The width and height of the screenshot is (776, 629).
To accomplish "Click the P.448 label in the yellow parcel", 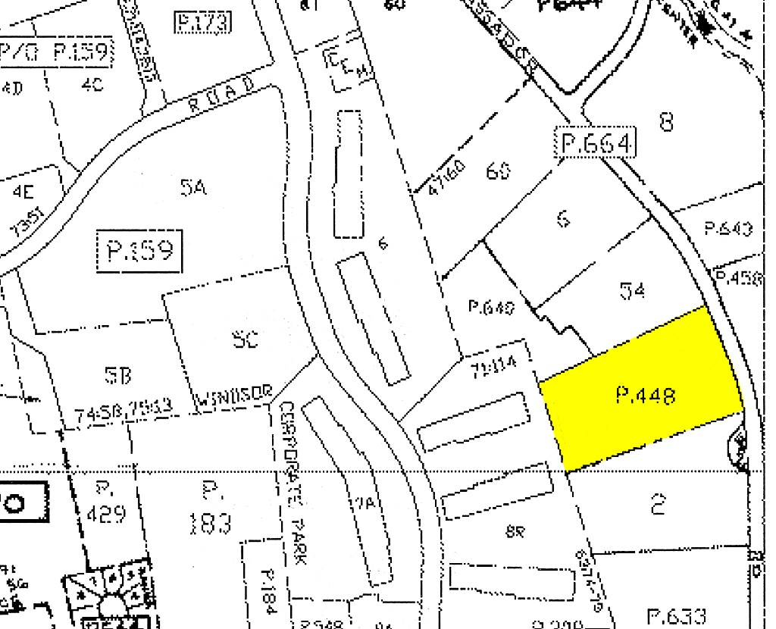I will tap(646, 395).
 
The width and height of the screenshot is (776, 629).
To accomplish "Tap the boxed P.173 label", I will tap(202, 23).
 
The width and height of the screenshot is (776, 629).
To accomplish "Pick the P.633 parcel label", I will tap(677, 615).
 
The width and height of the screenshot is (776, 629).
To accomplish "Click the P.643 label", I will tap(727, 228).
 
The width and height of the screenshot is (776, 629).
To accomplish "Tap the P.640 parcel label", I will tap(491, 308).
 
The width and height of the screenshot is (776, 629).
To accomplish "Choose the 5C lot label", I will tap(246, 339).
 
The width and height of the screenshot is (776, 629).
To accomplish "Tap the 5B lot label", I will tap(117, 374).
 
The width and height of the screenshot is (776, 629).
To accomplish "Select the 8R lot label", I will tap(515, 531).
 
